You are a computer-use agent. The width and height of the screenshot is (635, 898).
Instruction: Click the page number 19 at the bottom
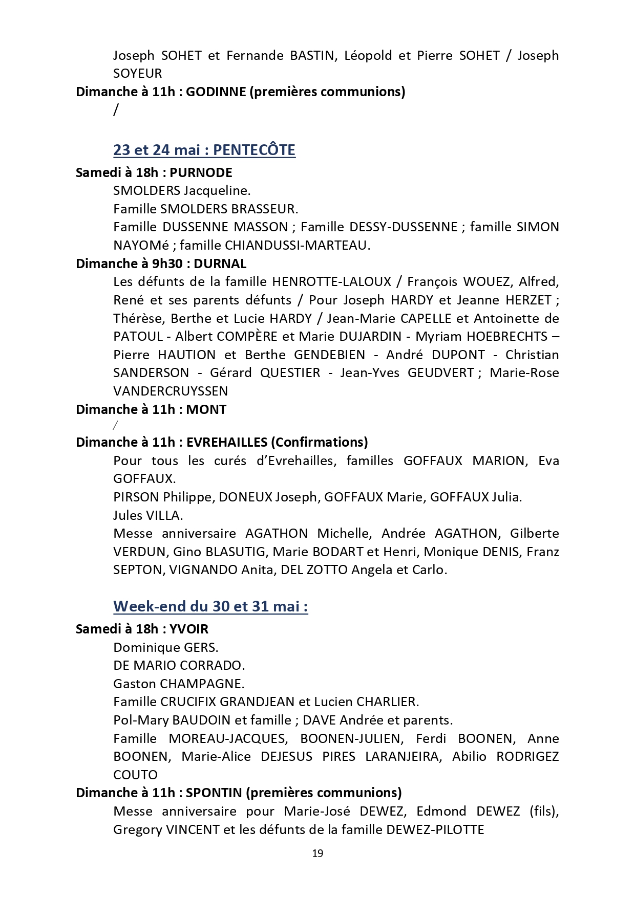(x=317, y=853)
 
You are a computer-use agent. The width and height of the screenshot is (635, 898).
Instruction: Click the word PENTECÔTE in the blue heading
(x=254, y=150)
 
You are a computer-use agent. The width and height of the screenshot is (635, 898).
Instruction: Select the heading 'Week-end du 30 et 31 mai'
(x=210, y=606)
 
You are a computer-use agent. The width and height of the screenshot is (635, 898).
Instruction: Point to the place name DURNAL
(x=220, y=264)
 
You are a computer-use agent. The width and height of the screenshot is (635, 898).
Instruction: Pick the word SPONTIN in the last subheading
(x=214, y=793)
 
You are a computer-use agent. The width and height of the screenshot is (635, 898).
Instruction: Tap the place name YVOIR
(x=189, y=629)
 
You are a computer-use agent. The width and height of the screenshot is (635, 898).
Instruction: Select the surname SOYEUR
(x=138, y=73)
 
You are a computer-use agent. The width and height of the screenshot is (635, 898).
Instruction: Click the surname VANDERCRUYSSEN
(x=171, y=391)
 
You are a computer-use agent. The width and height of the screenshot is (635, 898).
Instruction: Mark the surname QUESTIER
(x=290, y=373)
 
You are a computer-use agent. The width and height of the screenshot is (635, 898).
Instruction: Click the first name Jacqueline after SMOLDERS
(x=216, y=191)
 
